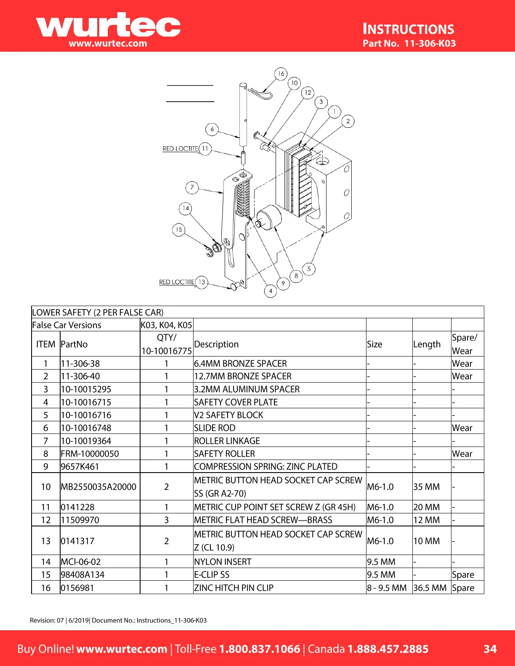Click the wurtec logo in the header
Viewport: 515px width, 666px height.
[x=108, y=26]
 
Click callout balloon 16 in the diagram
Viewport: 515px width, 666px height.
[x=281, y=74]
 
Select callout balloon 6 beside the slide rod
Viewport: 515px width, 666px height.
[x=212, y=129]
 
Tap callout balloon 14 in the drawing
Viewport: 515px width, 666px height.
[x=186, y=208]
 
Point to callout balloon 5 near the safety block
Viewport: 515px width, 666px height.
[x=309, y=269]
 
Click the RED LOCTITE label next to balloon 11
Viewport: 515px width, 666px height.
[x=180, y=149]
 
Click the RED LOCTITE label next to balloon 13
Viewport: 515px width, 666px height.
[x=177, y=282]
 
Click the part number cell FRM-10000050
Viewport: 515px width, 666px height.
[x=90, y=454]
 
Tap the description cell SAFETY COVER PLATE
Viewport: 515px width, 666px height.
[x=236, y=402]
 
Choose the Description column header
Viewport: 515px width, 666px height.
[x=216, y=344]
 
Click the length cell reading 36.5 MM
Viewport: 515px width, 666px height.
[x=430, y=588]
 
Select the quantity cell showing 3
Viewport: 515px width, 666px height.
[x=166, y=520]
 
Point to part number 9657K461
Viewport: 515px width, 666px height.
[x=80, y=467]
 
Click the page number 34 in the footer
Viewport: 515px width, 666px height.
[x=490, y=649]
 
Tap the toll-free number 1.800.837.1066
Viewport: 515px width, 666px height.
[x=260, y=649]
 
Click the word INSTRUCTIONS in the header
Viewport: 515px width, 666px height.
[x=409, y=29]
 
